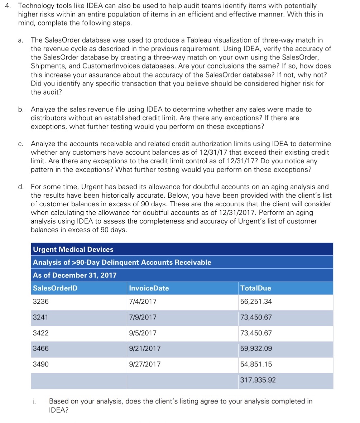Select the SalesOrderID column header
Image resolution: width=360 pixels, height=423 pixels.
[x=55, y=288]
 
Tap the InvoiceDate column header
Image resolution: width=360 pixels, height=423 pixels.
[x=149, y=288]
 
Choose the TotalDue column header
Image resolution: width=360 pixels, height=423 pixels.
[x=256, y=288]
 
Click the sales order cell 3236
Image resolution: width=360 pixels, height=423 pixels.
[x=40, y=302]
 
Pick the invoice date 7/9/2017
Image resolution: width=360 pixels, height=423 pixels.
[x=143, y=317]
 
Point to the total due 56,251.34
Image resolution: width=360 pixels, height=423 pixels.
[x=256, y=302]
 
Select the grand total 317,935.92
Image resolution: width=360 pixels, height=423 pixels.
[x=258, y=380]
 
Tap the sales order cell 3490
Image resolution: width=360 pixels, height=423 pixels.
[x=40, y=364]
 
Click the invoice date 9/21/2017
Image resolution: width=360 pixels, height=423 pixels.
[x=144, y=349]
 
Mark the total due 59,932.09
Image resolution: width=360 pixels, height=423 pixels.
[x=256, y=349]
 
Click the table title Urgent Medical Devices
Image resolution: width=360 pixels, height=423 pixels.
[x=73, y=250]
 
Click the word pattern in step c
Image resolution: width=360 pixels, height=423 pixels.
[x=42, y=170]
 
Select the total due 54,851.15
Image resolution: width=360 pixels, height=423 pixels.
[x=256, y=364]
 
